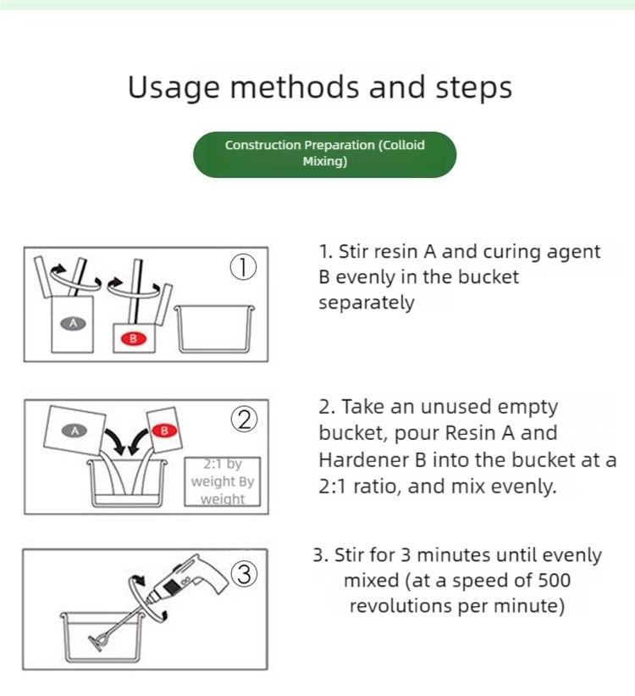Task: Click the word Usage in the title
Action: (174, 87)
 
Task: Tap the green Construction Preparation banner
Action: (324, 154)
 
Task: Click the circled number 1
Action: (243, 268)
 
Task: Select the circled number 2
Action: (244, 420)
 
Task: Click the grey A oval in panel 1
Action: (73, 323)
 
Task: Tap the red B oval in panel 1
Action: (133, 339)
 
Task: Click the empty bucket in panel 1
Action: (214, 329)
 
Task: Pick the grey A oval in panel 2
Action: (75, 430)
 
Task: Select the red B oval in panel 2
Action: (164, 430)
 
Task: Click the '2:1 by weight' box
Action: (223, 482)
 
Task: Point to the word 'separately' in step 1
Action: (367, 303)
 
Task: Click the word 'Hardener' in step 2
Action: (363, 459)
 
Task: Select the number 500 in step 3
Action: (554, 580)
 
